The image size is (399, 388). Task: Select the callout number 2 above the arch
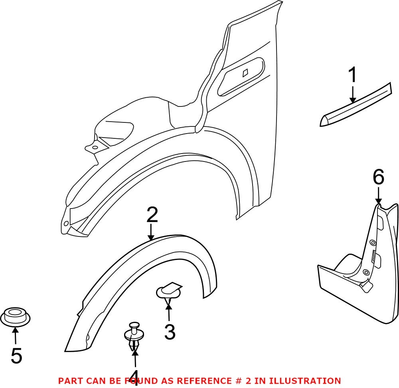152,215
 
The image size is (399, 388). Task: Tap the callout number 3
170,332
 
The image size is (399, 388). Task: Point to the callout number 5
16,356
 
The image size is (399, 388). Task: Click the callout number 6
378,177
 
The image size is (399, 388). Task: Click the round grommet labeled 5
16,317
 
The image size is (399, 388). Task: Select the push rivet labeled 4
134,335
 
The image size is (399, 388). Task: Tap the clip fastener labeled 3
168,292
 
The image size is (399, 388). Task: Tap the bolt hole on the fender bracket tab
95,148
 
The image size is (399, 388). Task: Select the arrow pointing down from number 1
353,96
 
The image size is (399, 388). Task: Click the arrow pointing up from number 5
15,335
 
